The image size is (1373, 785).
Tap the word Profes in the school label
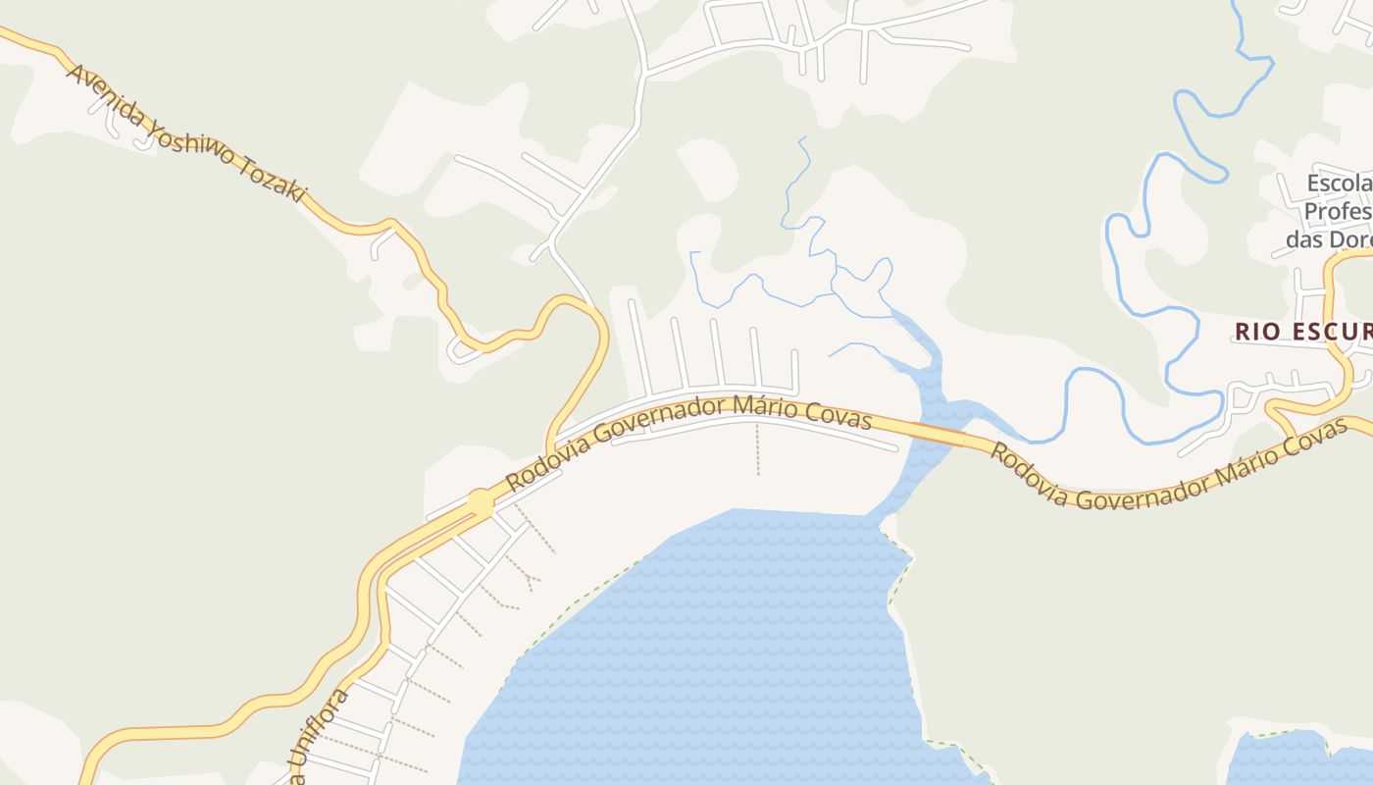(x=1336, y=211)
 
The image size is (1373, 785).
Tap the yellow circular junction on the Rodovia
(x=481, y=502)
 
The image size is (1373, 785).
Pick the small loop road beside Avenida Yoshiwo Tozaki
(x=462, y=349)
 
